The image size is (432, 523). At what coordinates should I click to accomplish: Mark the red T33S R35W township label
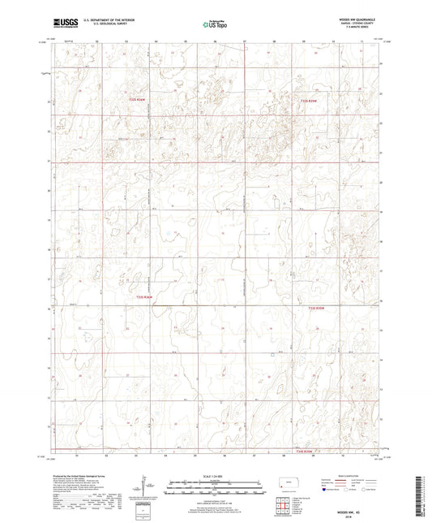tap(317, 308)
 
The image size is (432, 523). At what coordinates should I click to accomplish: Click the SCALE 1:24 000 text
tap(215, 476)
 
